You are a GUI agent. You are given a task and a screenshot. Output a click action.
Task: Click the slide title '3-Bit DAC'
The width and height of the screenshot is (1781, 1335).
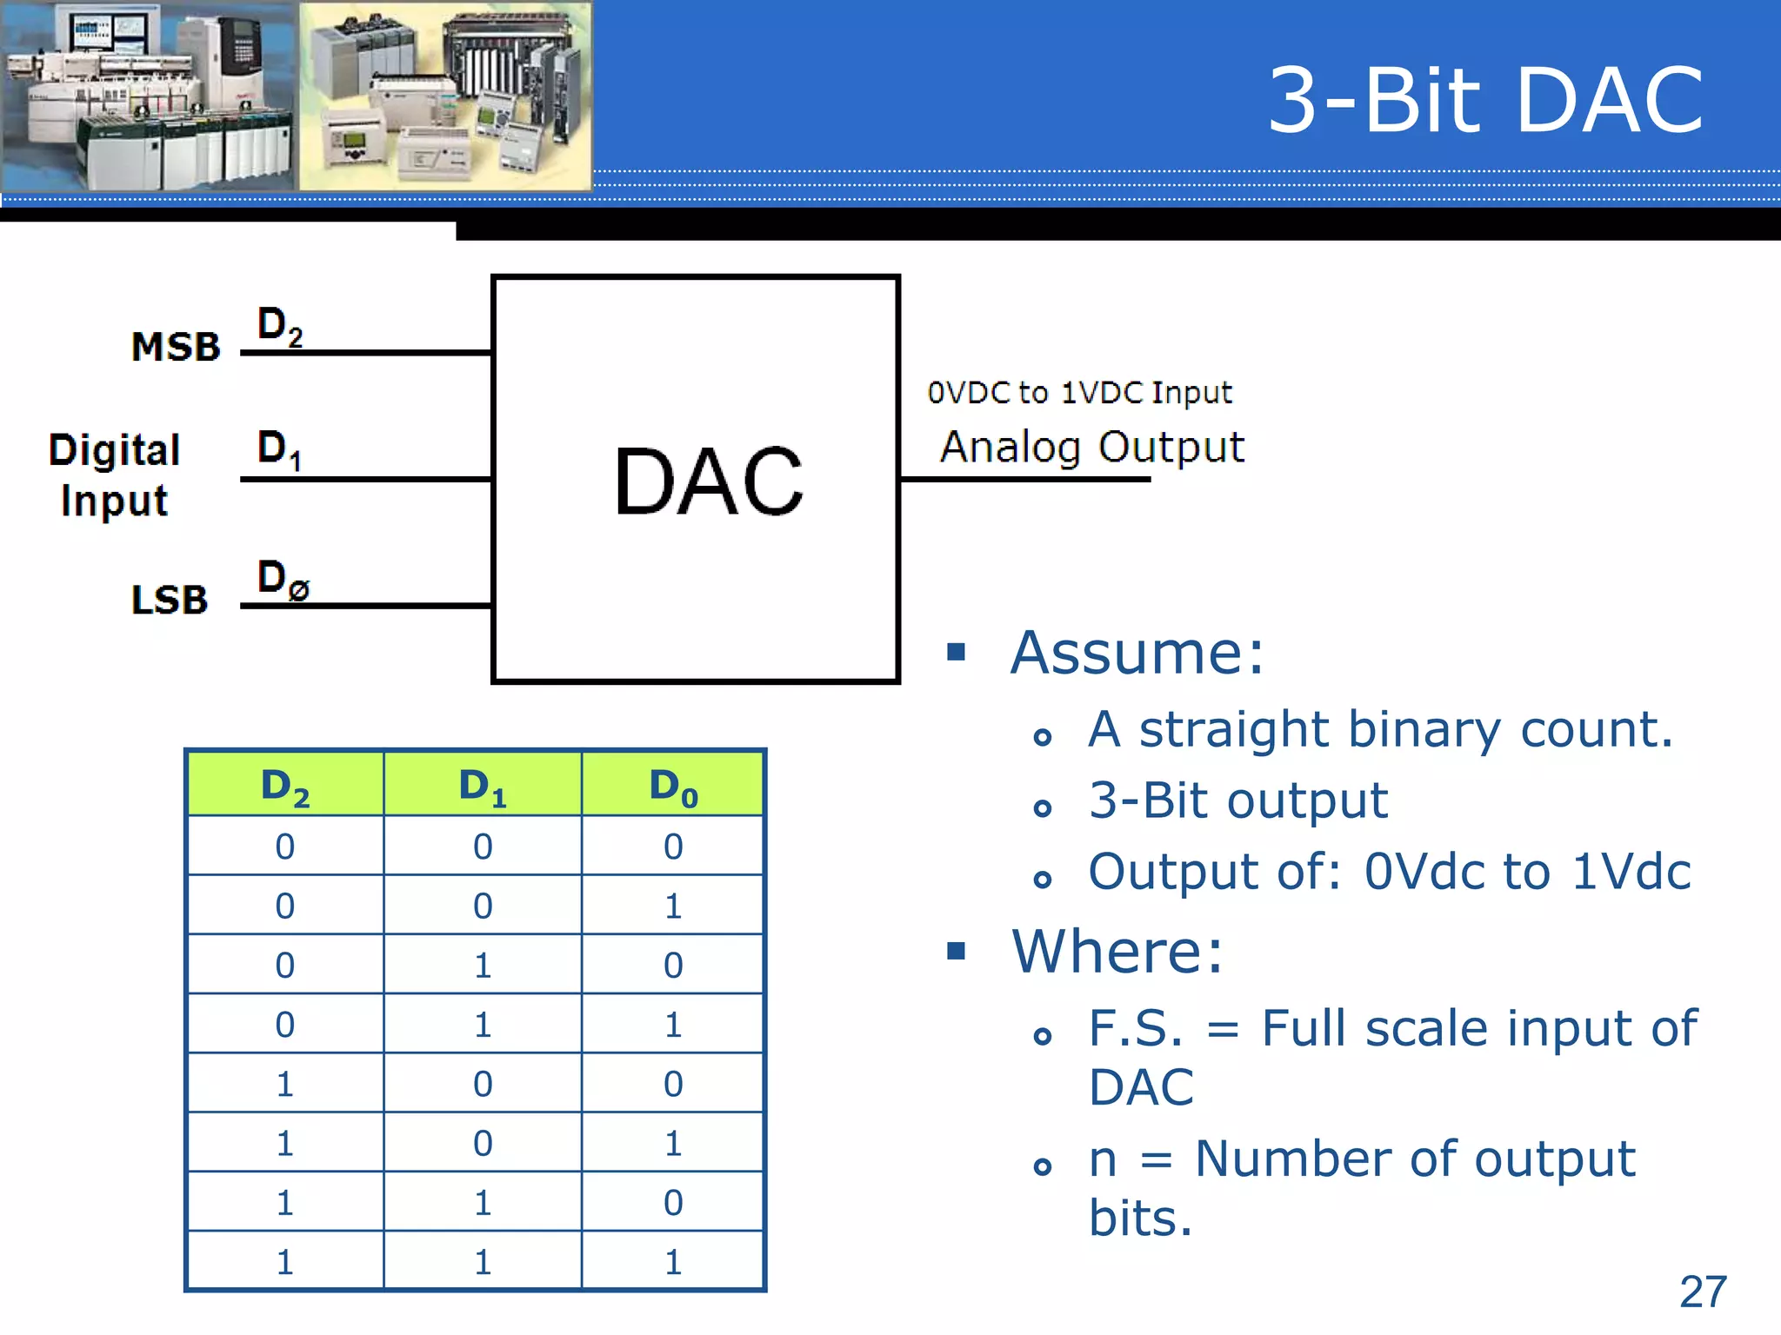pyautogui.click(x=1485, y=102)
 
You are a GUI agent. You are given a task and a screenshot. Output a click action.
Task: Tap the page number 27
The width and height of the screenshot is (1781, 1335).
pyautogui.click(x=1703, y=1292)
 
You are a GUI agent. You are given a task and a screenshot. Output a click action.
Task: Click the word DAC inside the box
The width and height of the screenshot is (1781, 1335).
pyautogui.click(x=708, y=482)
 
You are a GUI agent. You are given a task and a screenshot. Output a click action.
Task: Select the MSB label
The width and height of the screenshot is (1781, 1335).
pyautogui.click(x=176, y=347)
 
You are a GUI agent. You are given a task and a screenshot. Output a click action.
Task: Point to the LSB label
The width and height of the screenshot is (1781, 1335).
pyautogui.click(x=170, y=600)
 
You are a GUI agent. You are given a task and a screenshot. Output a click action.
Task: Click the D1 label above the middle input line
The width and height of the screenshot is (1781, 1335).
pyautogui.click(x=279, y=449)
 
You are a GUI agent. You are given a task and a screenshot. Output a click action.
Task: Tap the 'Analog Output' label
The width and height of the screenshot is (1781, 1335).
pyautogui.click(x=1092, y=448)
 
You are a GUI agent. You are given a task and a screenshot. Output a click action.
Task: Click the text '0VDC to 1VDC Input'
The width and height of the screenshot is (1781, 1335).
pyautogui.click(x=1079, y=393)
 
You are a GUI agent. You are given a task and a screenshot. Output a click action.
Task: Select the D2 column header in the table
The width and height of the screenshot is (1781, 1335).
pyautogui.click(x=285, y=786)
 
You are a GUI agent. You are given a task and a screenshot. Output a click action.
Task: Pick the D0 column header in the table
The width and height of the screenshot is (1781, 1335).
pyautogui.click(x=673, y=786)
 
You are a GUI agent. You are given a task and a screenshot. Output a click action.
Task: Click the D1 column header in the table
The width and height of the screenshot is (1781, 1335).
pyautogui.click(x=482, y=786)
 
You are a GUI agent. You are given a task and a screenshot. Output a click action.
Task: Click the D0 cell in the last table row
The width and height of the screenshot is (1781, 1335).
pyautogui.click(x=673, y=1262)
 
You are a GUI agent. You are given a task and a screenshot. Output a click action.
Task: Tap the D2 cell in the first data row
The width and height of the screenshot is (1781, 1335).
pyautogui.click(x=285, y=847)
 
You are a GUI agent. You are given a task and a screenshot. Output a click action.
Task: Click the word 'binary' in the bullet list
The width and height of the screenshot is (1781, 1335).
pyautogui.click(x=1424, y=730)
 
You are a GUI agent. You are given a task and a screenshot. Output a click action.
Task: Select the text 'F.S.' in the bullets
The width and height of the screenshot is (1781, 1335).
pyautogui.click(x=1136, y=1029)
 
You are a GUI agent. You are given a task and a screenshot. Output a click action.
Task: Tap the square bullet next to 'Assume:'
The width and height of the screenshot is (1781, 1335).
pyautogui.click(x=957, y=652)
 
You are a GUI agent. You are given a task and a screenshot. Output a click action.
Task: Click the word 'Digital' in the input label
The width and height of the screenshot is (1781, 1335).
pyautogui.click(x=115, y=450)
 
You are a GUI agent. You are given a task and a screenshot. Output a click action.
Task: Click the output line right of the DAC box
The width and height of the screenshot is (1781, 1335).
pyautogui.click(x=1026, y=479)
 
